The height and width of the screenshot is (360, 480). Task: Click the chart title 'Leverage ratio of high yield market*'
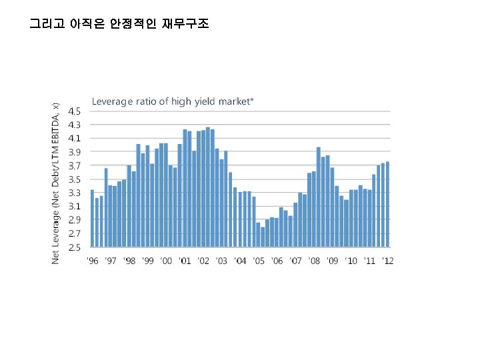pyautogui.click(x=173, y=101)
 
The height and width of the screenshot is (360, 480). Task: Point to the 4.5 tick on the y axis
pyautogui.click(x=77, y=111)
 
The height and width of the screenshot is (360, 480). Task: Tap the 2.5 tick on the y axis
pyautogui.click(x=77, y=247)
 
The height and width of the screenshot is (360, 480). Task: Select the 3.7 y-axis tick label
pyautogui.click(x=77, y=165)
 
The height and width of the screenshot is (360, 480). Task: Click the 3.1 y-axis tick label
pyautogui.click(x=77, y=206)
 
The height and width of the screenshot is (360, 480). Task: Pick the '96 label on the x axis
pyautogui.click(x=93, y=261)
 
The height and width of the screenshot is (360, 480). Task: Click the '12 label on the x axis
pyautogui.click(x=387, y=261)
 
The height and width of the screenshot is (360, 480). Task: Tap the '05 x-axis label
pyautogui.click(x=259, y=261)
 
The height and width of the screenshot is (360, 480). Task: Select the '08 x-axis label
pyautogui.click(x=314, y=261)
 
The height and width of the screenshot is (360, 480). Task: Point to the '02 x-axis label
pyautogui.click(x=203, y=261)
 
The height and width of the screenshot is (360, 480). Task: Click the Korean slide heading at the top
pyautogui.click(x=119, y=25)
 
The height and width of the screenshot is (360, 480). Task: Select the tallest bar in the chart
pyautogui.click(x=208, y=187)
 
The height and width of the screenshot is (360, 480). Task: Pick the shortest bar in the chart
pyautogui.click(x=263, y=237)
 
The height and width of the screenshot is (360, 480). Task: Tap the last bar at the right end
pyautogui.click(x=387, y=204)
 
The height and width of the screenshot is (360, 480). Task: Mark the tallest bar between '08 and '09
pyautogui.click(x=319, y=197)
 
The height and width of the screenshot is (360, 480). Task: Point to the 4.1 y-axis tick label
pyautogui.click(x=77, y=138)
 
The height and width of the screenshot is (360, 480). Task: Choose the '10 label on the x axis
pyautogui.click(x=351, y=261)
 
